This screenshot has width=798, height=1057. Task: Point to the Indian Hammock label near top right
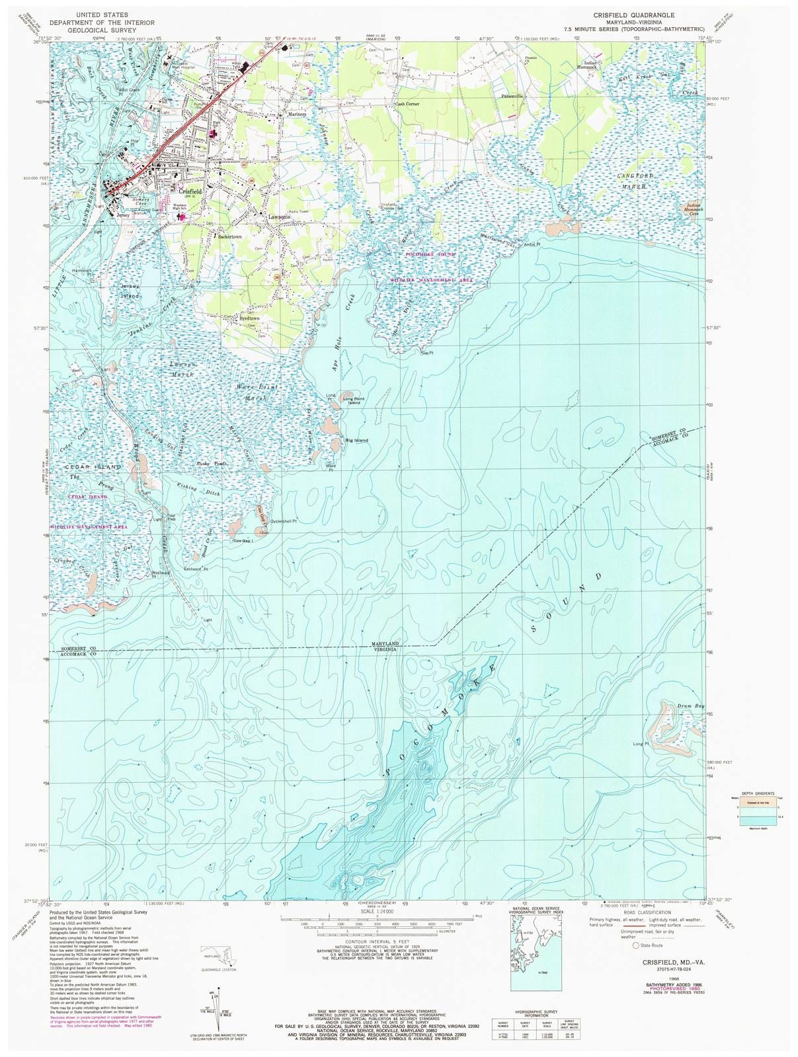point(586,65)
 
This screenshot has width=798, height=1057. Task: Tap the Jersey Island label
point(130,291)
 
